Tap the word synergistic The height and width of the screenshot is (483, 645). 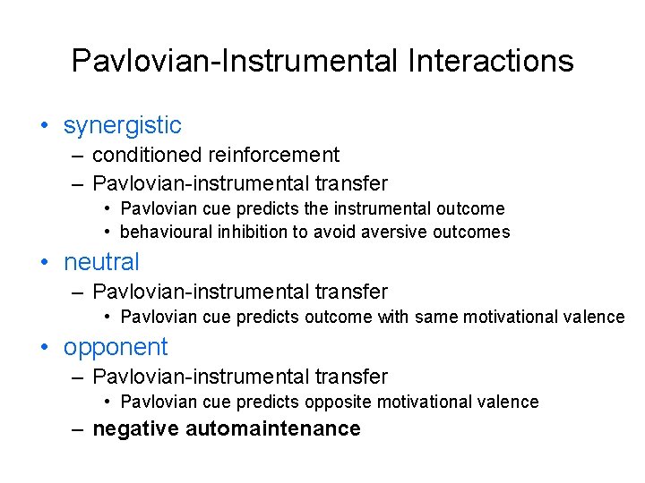[122, 125]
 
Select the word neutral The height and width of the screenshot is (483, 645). [101, 262]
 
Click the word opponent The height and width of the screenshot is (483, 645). [116, 347]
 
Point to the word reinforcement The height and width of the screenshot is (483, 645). [274, 155]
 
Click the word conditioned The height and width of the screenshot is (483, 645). [148, 155]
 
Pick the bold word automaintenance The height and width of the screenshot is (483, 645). [273, 428]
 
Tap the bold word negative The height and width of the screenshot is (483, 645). [136, 428]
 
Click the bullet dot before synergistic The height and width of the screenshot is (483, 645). [44, 126]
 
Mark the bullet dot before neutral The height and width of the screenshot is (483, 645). [44, 263]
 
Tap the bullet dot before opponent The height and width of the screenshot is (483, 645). [44, 348]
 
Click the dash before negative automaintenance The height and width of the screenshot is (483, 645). [78, 429]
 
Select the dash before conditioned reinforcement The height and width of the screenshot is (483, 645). [78, 156]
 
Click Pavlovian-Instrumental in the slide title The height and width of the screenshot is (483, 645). [235, 61]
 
